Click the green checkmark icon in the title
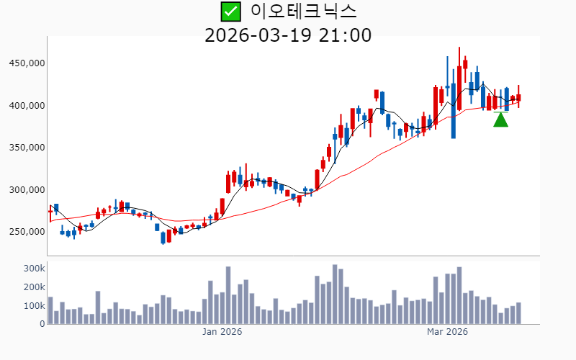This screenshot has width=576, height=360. pyautogui.click(x=230, y=12)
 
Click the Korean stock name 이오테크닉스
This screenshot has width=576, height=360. pyautogui.click(x=303, y=12)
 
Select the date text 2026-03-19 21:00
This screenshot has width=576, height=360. pyautogui.click(x=288, y=35)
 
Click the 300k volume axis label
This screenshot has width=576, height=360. pyautogui.click(x=33, y=269)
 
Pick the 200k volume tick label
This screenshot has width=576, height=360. pyautogui.click(x=33, y=287)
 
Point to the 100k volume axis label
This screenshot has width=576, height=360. pyautogui.click(x=33, y=306)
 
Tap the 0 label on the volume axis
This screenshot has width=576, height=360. pyautogui.click(x=42, y=324)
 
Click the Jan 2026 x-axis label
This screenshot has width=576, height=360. pyautogui.click(x=222, y=332)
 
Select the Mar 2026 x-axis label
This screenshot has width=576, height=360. pyautogui.click(x=447, y=332)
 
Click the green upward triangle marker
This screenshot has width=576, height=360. pyautogui.click(x=501, y=120)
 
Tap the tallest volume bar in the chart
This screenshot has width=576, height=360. pyautogui.click(x=335, y=294)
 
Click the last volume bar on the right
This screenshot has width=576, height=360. pyautogui.click(x=518, y=313)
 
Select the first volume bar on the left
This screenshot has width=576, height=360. pyautogui.click(x=50, y=310)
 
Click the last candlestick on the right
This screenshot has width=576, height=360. pyautogui.click(x=518, y=98)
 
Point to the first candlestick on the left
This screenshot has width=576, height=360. pyautogui.click(x=50, y=211)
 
